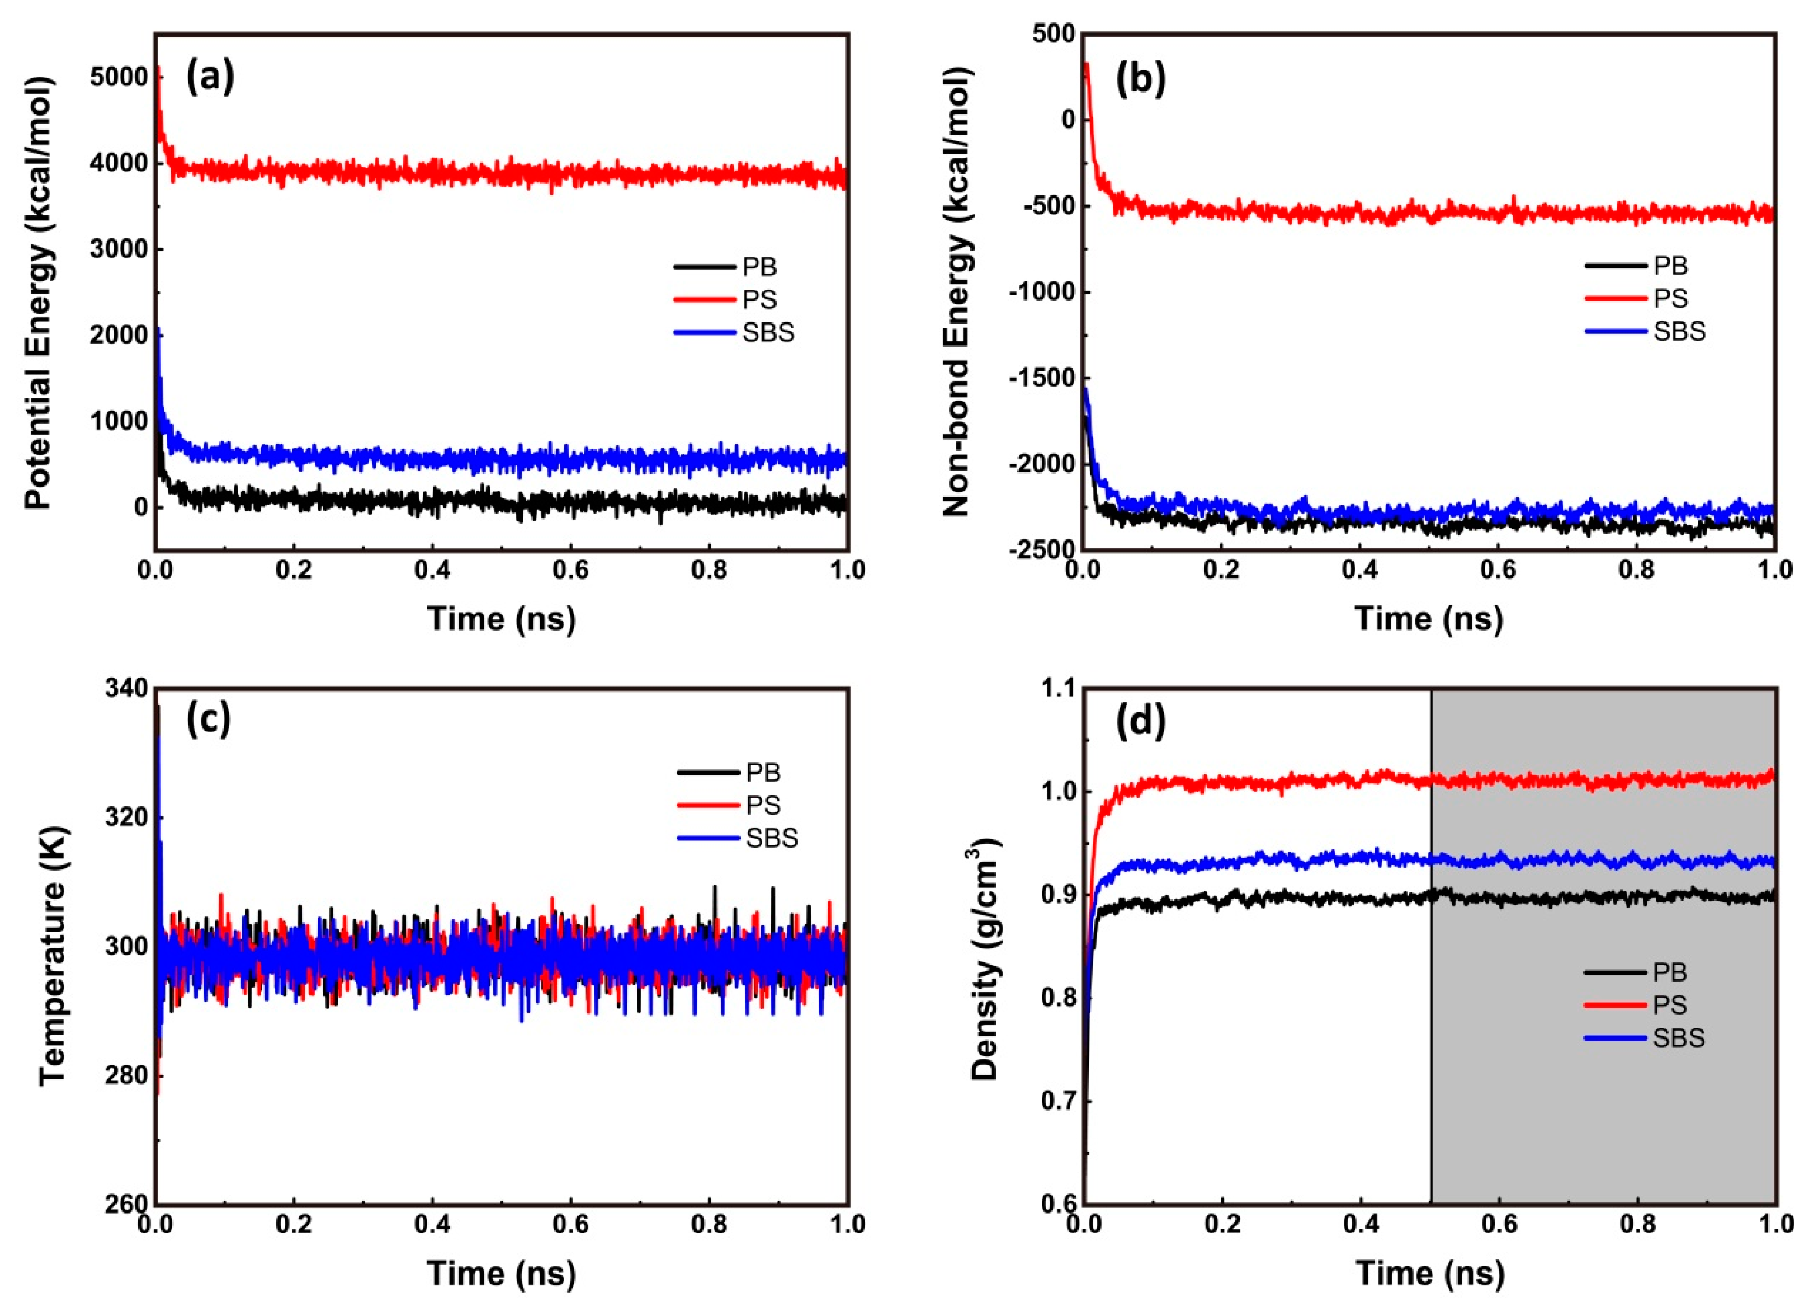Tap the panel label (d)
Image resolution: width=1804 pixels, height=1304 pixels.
1141,721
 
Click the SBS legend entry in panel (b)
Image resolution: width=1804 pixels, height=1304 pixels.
1679,331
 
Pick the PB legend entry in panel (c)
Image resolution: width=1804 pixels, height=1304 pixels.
762,772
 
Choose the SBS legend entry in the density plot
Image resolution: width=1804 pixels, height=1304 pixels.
1679,1037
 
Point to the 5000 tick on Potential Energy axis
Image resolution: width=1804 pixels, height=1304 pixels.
119,78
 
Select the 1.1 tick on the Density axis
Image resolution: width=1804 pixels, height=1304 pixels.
1054,688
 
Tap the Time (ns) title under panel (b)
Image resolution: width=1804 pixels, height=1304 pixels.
1429,618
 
